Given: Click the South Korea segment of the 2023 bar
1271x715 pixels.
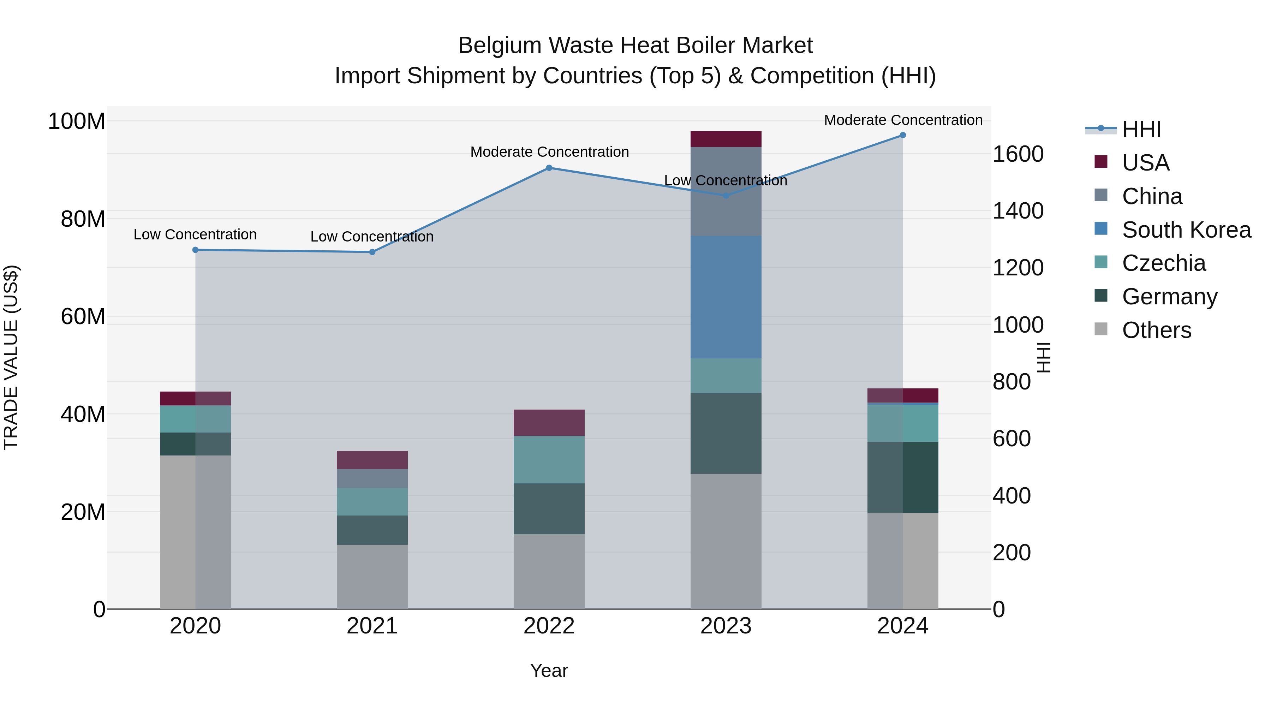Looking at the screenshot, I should (726, 297).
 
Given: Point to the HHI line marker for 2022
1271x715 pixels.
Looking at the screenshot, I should (549, 168).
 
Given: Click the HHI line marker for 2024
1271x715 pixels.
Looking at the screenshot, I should (902, 135).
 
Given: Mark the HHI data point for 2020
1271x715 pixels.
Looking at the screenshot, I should (195, 250).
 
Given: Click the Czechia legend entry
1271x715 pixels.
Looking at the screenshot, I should (1163, 263).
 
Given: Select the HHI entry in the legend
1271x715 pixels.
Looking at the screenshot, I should (1141, 129).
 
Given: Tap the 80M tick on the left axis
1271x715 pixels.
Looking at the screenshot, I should (83, 219).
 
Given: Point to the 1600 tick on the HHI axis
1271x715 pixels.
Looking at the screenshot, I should (1018, 154).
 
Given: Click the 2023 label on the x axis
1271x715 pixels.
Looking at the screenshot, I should (726, 626).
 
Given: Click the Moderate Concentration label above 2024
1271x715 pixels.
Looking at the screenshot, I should (903, 120).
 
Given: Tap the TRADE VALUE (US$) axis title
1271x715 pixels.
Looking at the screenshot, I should (11, 357).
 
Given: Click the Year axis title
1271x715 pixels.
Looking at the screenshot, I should (549, 671).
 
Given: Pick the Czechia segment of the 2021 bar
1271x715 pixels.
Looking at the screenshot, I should (372, 501).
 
